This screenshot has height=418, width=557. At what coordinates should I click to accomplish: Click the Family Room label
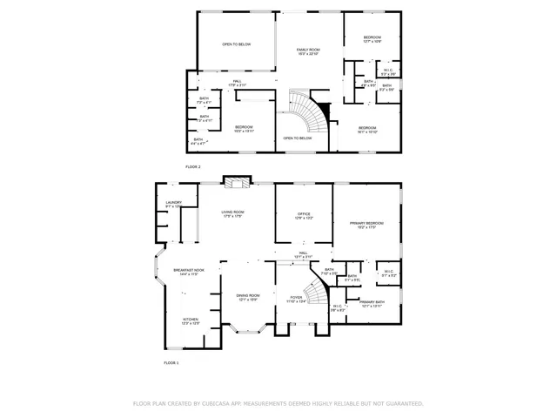click(x=308, y=51)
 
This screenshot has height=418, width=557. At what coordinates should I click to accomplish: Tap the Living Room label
click(x=232, y=213)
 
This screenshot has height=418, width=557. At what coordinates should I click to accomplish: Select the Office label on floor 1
click(x=303, y=214)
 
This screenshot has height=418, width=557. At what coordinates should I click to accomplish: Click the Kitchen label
click(x=190, y=320)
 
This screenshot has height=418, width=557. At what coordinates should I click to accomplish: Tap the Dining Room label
click(x=247, y=296)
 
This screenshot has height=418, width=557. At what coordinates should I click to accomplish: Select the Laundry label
click(x=172, y=204)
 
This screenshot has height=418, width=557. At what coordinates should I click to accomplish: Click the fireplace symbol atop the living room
click(x=236, y=181)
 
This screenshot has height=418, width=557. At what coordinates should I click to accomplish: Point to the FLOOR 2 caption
click(x=192, y=165)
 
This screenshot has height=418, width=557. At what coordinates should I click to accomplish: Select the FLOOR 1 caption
click(x=171, y=362)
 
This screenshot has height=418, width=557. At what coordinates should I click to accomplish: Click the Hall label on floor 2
click(x=237, y=83)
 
